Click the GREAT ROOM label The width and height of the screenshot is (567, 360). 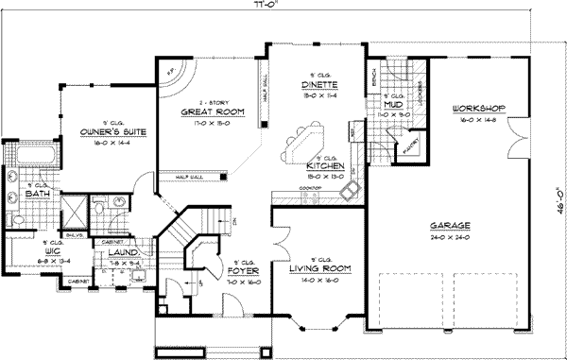click(205, 111)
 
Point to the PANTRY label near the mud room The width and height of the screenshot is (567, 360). click(406, 146)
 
